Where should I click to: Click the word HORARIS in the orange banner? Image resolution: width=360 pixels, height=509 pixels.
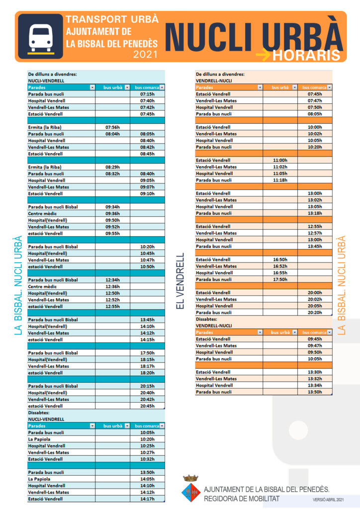[x=306, y=55]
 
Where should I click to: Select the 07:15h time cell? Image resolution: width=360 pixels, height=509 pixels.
[x=148, y=94]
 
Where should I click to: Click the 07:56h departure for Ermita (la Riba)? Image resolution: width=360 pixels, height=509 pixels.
[x=113, y=127]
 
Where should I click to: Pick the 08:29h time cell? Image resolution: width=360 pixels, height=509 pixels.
[x=113, y=167]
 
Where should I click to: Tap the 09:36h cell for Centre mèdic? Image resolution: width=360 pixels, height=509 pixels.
[x=113, y=214]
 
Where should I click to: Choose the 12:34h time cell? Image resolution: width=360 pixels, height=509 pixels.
[x=113, y=280]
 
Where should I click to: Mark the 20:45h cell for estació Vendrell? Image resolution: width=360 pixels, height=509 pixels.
[x=148, y=406]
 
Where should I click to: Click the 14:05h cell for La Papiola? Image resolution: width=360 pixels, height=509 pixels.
[x=148, y=479]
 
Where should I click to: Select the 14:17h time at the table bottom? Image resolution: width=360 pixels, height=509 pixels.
[x=148, y=499]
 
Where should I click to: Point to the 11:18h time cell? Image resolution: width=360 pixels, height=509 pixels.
[x=280, y=180]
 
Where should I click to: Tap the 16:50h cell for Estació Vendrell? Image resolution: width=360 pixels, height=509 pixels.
[x=280, y=259]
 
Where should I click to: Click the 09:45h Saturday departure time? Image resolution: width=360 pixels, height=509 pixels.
[x=315, y=339]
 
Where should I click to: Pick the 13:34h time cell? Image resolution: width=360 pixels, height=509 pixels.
[x=315, y=385]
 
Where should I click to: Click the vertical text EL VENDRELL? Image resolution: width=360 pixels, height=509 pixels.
[x=180, y=281]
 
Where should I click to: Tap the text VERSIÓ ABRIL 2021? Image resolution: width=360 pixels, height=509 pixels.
[x=328, y=499]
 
